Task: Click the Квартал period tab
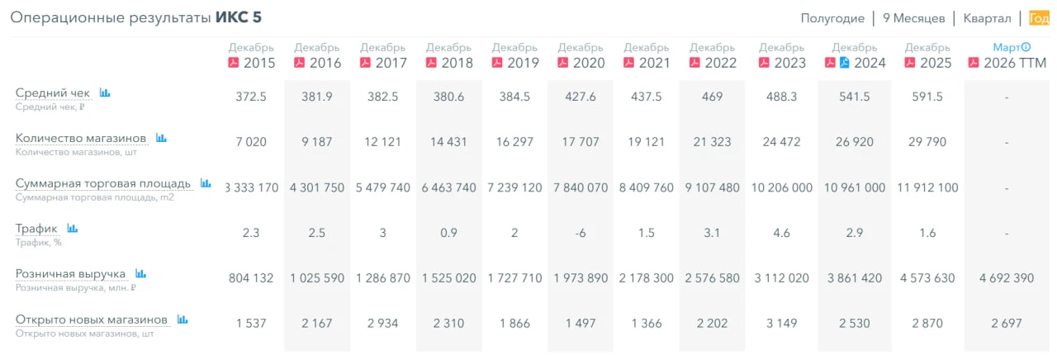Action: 987,18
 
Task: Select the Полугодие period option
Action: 832,18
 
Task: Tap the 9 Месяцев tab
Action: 913,18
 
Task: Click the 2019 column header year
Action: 523,63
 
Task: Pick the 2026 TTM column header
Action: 1015,63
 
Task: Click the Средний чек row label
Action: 52,92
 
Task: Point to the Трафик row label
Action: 36,229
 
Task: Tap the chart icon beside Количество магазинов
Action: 161,138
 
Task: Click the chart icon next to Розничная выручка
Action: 140,273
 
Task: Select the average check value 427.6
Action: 581,97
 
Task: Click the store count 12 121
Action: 382,142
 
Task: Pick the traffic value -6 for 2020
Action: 581,233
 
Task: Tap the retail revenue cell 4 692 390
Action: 1007,278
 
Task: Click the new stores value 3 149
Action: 781,324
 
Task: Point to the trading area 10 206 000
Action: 781,187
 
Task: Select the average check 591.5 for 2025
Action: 927,97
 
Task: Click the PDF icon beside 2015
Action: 234,62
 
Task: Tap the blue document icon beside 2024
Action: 844,62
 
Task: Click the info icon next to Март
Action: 1026,47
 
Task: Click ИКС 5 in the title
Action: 239,17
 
